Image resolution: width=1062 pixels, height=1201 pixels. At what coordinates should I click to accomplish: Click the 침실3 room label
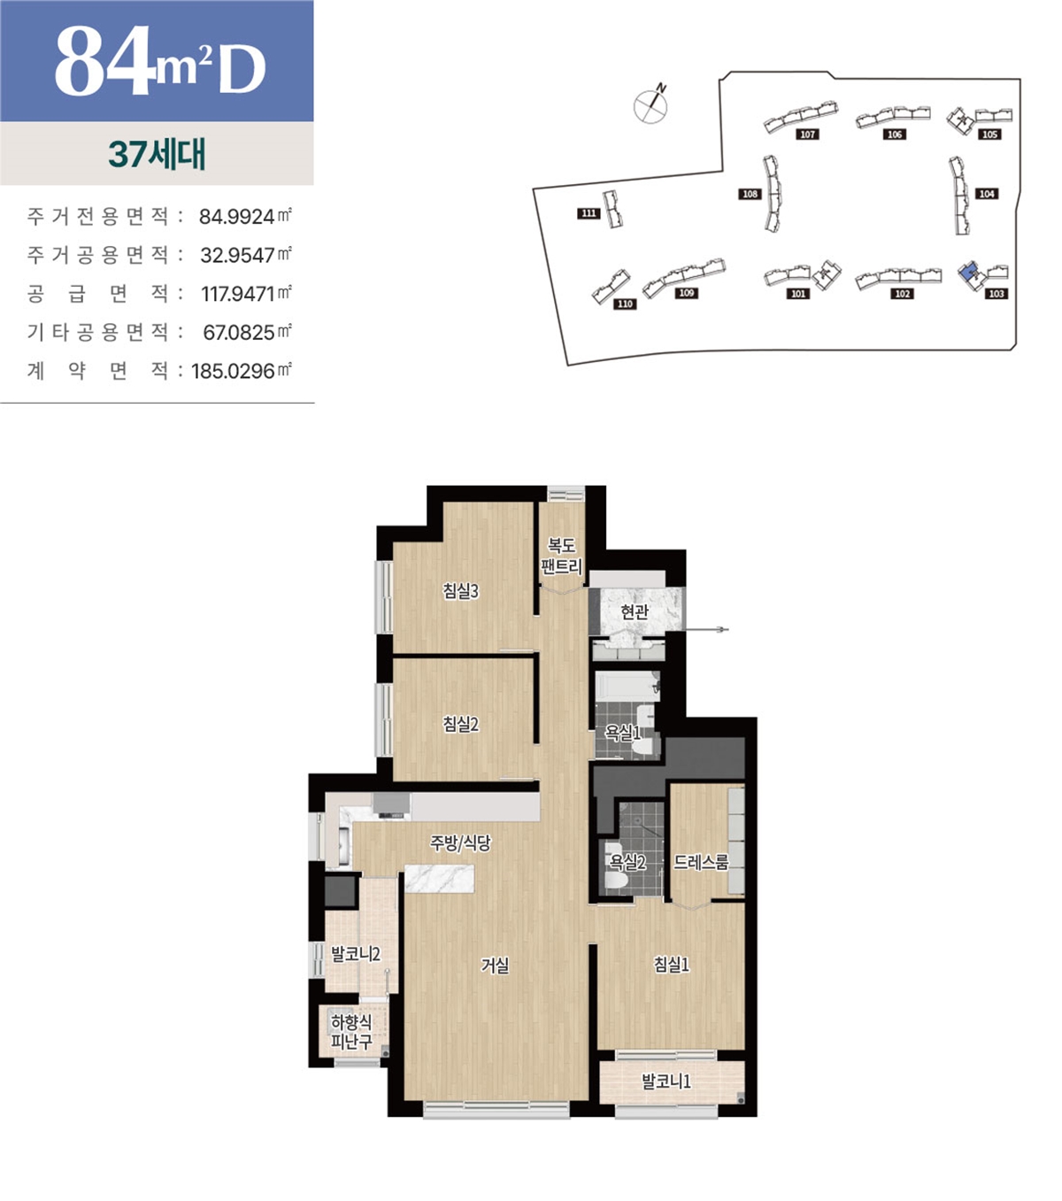(x=461, y=591)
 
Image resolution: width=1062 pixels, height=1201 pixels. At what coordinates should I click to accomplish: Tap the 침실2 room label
(x=461, y=724)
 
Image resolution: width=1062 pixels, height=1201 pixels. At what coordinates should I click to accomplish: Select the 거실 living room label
(x=495, y=966)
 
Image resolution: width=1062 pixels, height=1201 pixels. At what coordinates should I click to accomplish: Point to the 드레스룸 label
(x=701, y=862)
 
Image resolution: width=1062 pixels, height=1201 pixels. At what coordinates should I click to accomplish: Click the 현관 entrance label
(x=635, y=612)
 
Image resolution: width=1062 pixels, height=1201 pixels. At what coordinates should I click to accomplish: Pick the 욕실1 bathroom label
(x=623, y=734)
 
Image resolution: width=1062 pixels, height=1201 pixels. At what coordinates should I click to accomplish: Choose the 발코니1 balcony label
(x=666, y=1082)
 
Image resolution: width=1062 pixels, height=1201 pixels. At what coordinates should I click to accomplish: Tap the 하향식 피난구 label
(x=351, y=1031)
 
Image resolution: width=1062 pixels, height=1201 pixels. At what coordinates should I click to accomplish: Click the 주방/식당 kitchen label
(x=461, y=843)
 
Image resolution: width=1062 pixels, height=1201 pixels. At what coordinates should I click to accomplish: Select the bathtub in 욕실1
(x=627, y=687)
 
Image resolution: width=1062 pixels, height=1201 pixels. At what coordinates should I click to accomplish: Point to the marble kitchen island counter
(x=440, y=879)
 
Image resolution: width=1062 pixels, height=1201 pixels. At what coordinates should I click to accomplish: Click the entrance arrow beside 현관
(x=705, y=629)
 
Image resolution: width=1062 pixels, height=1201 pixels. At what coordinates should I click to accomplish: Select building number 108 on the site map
(x=750, y=194)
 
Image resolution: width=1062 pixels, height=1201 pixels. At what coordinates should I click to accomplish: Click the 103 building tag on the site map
(x=997, y=294)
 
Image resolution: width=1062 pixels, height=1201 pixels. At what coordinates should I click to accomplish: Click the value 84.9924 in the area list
(x=236, y=217)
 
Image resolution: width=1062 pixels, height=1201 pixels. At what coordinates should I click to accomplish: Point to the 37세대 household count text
(x=158, y=154)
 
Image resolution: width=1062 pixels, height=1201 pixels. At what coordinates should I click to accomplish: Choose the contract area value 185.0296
(x=233, y=371)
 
